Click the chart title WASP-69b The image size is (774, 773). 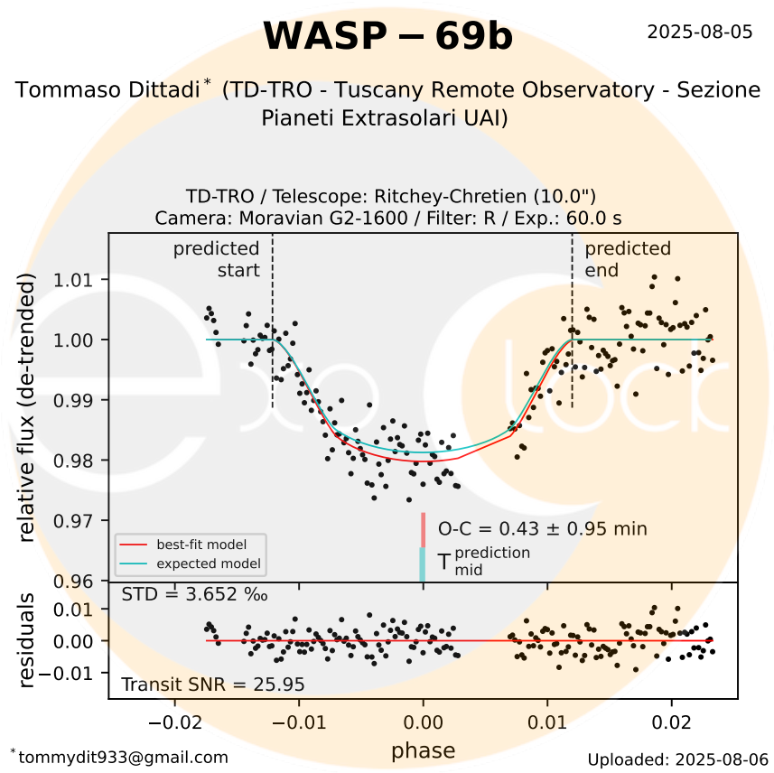tap(387, 37)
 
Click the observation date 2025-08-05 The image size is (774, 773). tap(700, 33)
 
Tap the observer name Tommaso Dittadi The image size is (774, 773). tap(108, 90)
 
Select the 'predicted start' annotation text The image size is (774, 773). tap(217, 259)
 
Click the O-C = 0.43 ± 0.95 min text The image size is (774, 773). tap(542, 529)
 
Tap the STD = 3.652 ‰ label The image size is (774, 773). tap(194, 594)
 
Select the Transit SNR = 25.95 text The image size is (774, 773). tap(212, 685)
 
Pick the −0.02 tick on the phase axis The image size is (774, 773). tap(173, 723)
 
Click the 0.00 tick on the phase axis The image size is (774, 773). tap(423, 723)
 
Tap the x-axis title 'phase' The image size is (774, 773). tap(423, 750)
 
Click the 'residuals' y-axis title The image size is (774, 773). tap(26, 640)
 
